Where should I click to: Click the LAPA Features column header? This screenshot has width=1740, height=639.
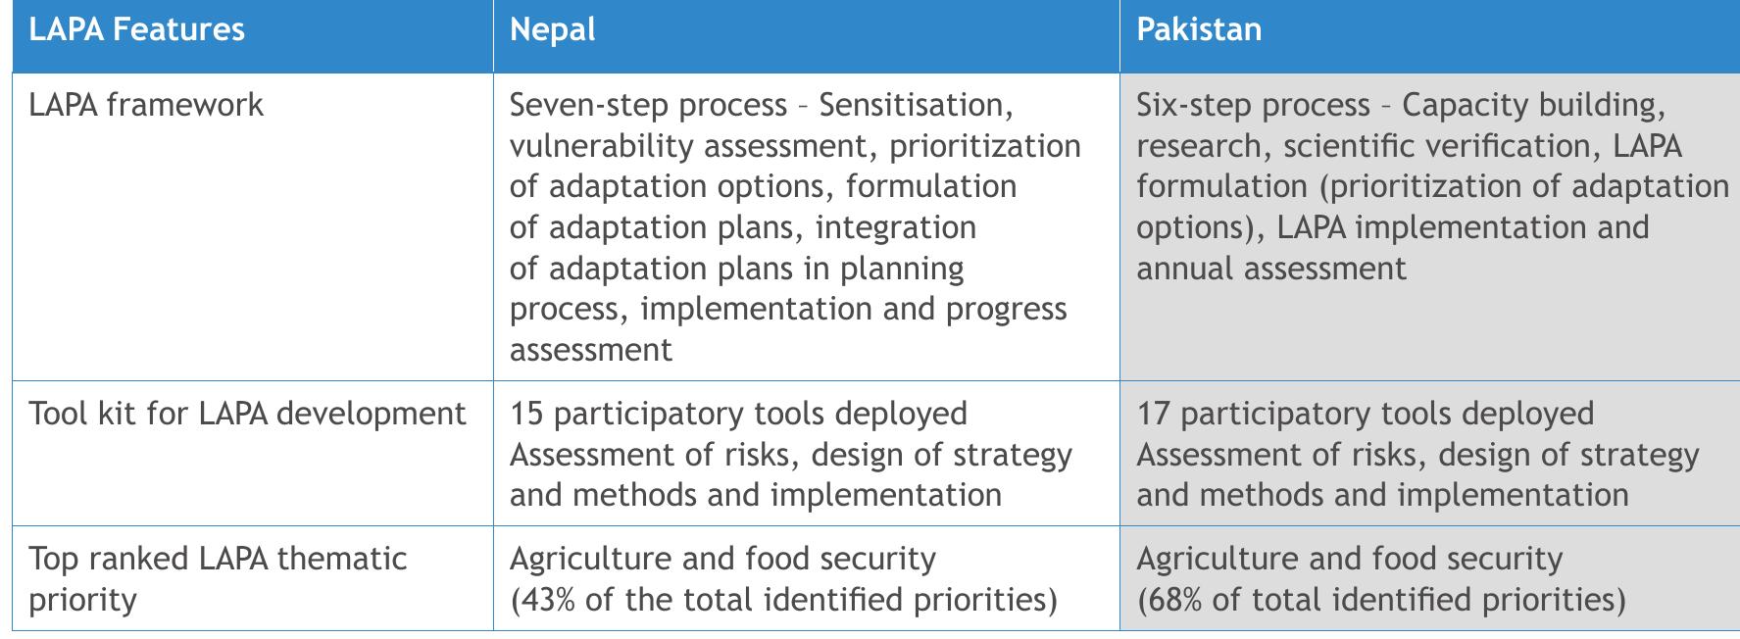coord(136,29)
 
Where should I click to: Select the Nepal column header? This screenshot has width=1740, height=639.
coord(552,29)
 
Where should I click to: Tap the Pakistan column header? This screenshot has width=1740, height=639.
coord(1198,29)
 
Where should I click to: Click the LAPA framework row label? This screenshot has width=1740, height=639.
coord(146,105)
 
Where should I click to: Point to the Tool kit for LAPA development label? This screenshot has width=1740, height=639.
coord(247,414)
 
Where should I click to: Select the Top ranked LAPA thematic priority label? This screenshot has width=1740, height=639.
coord(217,578)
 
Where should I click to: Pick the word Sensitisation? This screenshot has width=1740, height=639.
coord(911,105)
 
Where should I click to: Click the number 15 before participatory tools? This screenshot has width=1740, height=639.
coord(526,414)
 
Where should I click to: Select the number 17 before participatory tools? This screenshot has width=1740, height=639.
coord(1153,414)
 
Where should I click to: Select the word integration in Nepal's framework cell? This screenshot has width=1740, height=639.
coord(896,227)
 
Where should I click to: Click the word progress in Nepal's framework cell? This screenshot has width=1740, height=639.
coord(1006,310)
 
